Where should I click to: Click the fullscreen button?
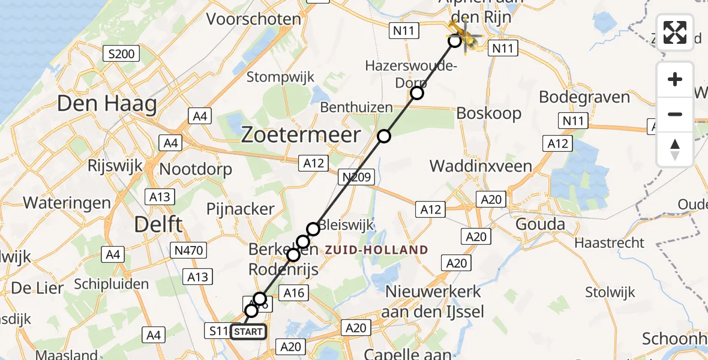(675, 32)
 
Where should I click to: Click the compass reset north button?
(675, 149)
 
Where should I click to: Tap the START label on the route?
(247, 331)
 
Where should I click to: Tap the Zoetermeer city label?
(301, 135)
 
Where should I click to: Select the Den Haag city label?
(107, 104)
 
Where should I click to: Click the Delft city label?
(158, 225)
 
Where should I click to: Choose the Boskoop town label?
(489, 113)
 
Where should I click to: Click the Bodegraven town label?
(584, 97)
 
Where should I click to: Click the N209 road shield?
(356, 177)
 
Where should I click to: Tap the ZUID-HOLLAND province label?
(376, 250)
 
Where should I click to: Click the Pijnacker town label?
(240, 209)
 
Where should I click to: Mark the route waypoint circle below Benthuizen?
(383, 137)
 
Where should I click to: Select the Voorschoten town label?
(253, 19)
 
